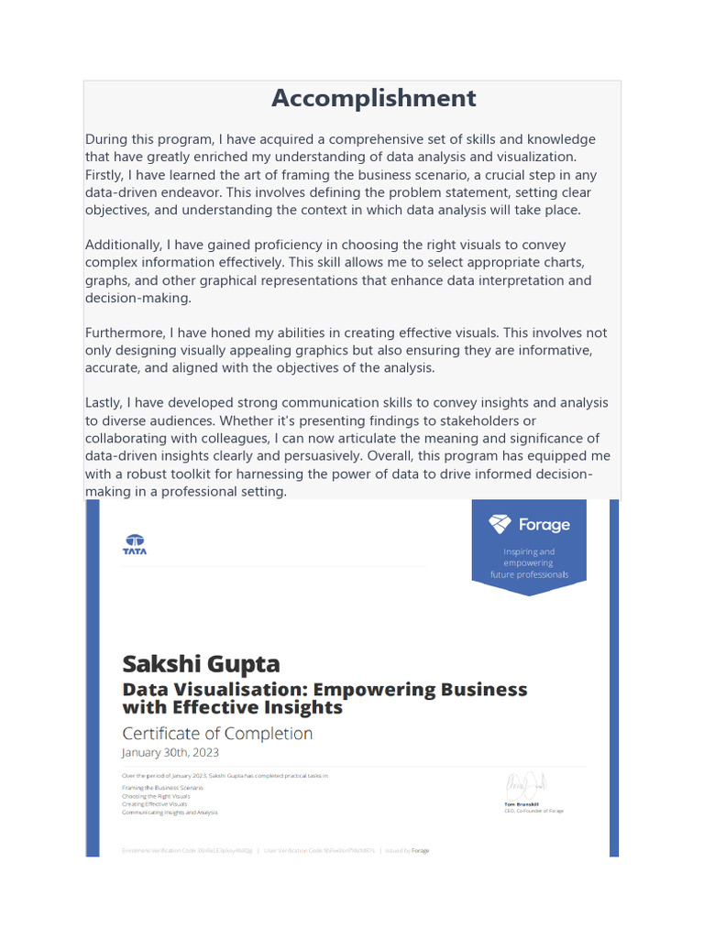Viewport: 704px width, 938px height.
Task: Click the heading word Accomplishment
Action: click(x=374, y=98)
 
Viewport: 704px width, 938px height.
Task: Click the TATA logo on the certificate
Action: click(x=135, y=544)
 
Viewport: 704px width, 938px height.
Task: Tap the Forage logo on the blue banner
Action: click(x=529, y=525)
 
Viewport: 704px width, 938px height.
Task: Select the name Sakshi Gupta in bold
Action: click(x=202, y=663)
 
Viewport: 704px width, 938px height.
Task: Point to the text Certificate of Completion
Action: click(x=217, y=734)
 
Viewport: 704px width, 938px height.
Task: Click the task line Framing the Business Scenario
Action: click(x=162, y=788)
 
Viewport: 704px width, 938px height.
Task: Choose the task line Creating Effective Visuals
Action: click(x=160, y=804)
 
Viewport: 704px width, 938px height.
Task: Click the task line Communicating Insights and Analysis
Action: click(x=170, y=813)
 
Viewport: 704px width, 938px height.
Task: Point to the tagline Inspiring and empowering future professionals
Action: click(x=529, y=563)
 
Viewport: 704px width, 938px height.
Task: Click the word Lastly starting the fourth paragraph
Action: click(x=103, y=403)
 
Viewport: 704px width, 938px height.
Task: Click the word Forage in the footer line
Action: click(x=420, y=851)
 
